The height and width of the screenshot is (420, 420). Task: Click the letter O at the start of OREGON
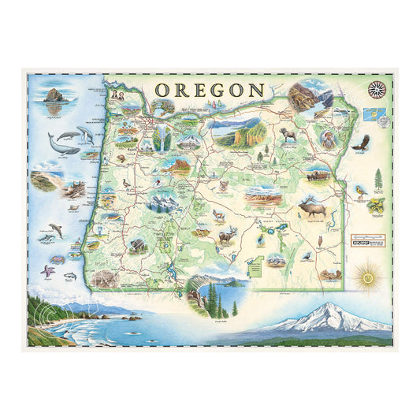tap(161, 90)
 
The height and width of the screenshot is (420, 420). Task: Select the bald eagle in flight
tap(361, 143)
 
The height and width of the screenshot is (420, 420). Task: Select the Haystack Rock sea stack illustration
tap(54, 98)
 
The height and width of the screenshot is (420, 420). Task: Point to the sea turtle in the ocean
tap(57, 258)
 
